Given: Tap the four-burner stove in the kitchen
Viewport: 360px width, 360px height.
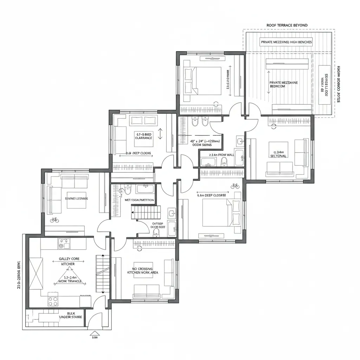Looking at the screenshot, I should pyautogui.click(x=53, y=301).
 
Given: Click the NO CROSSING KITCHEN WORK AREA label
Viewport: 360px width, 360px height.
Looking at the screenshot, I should pyautogui.click(x=143, y=271).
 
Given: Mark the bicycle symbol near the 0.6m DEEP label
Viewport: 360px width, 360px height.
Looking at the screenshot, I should pyautogui.click(x=235, y=186).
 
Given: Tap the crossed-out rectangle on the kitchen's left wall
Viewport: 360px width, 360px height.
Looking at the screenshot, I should pyautogui.click(x=36, y=273).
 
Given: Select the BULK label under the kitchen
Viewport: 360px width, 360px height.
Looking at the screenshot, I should pyautogui.click(x=71, y=313).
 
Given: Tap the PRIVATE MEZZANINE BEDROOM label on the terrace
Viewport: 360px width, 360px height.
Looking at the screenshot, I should pyautogui.click(x=284, y=84).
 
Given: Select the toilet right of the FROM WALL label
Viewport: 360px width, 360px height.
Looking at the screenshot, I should pyautogui.click(x=224, y=161).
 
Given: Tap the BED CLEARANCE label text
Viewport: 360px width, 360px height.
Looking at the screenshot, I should pyautogui.click(x=143, y=136).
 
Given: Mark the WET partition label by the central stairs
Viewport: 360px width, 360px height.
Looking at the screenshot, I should pyautogui.click(x=140, y=200).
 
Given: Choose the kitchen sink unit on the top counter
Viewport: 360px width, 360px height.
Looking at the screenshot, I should pyautogui.click(x=64, y=244).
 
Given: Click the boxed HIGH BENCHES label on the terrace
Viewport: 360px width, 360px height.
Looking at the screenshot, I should pyautogui.click(x=286, y=42).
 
